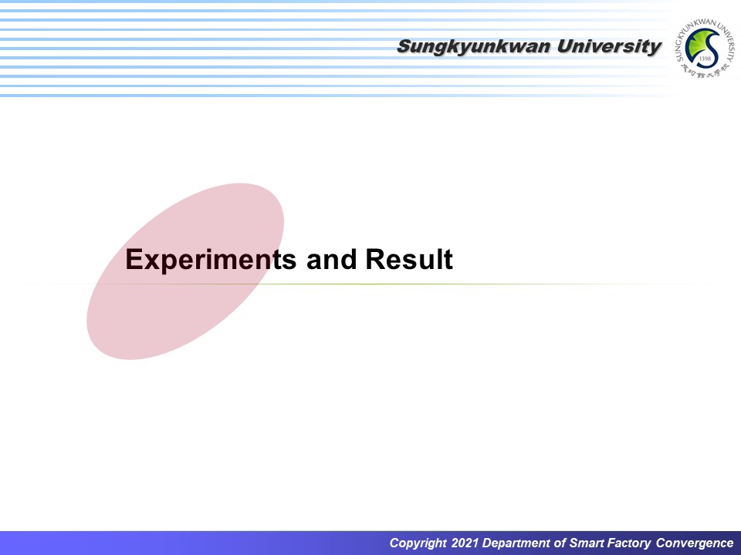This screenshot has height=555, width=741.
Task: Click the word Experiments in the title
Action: coord(211,260)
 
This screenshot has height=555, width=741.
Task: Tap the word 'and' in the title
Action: coord(331,260)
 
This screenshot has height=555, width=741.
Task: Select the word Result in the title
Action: coord(409,259)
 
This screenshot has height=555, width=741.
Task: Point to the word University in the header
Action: coord(609,47)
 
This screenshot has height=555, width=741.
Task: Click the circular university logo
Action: coord(705,48)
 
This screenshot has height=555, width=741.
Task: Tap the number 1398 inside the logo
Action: coord(704,58)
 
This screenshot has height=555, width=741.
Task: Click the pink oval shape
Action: coord(185,271)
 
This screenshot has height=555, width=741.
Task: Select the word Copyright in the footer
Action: coord(418,543)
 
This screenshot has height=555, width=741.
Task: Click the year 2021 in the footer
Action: coord(465,543)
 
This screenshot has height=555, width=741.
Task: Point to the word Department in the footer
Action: coord(518,543)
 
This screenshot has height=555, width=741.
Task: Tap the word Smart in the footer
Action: coord(587,543)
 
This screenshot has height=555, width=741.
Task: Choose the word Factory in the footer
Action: coord(629,543)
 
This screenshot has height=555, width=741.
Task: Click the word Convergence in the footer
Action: coord(695,543)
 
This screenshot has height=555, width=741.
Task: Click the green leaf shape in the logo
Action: coord(696,44)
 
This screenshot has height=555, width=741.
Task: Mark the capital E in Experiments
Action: coord(134,259)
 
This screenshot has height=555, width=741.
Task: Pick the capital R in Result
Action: coord(376,259)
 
